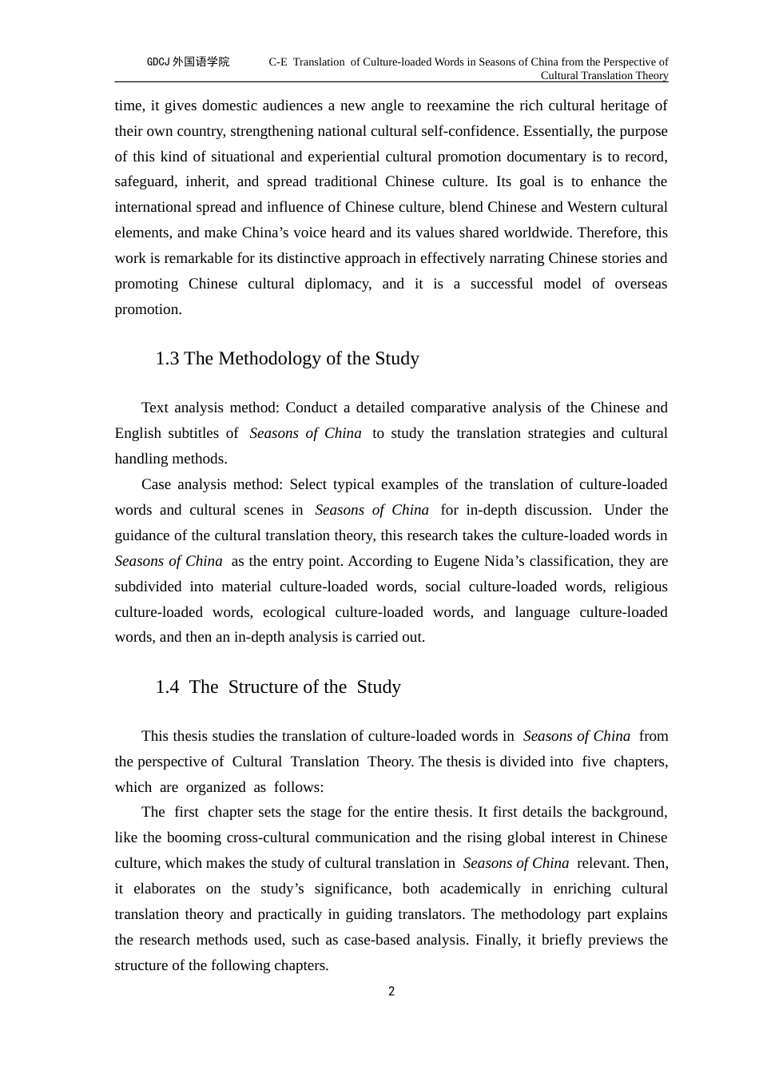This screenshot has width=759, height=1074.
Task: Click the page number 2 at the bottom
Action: (x=391, y=992)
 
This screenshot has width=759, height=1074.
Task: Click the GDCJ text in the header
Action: (x=157, y=62)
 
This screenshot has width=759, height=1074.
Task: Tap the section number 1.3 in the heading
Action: (x=167, y=359)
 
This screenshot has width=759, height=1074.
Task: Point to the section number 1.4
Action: (x=167, y=687)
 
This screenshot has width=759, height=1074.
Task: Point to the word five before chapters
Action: (x=594, y=762)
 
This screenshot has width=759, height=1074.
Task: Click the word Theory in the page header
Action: (x=649, y=76)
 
